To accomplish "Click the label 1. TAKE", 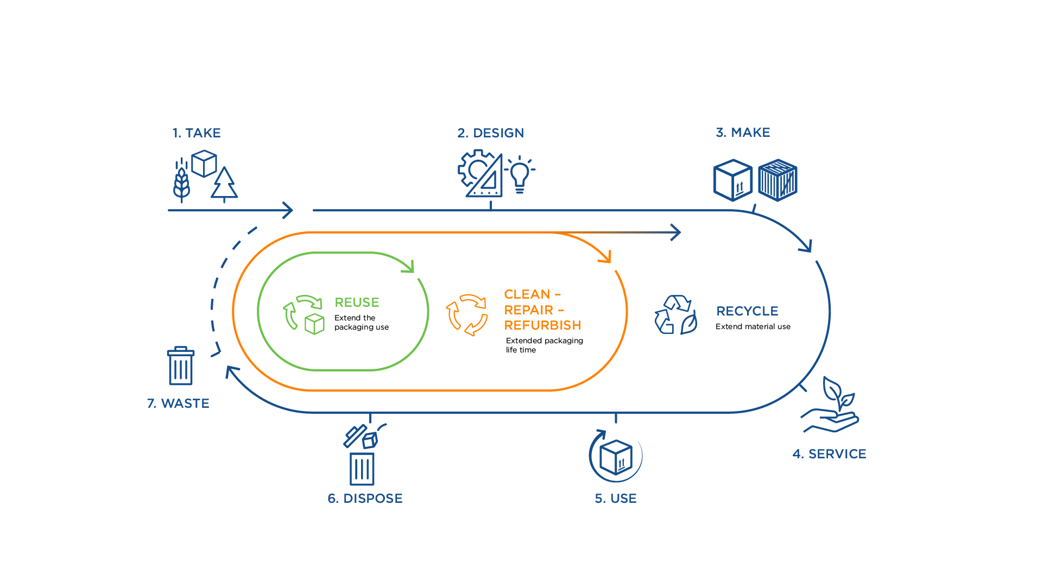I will [197, 133].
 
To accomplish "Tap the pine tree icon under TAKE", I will [224, 184].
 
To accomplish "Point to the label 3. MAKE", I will [743, 132].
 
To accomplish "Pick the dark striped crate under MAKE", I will [777, 180].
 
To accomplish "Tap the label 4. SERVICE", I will [829, 454].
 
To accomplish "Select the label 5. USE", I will [616, 498].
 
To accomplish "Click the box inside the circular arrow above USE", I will [616, 457].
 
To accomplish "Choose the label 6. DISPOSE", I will [365, 498].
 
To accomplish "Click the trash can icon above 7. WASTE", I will [180, 366].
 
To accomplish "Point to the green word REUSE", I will [357, 302].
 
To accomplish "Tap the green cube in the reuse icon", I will [314, 324].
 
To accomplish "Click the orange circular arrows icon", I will [467, 315].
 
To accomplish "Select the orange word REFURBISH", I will [542, 325].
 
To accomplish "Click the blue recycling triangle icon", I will [675, 315].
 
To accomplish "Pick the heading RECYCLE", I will [747, 311].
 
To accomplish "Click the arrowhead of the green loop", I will [410, 267].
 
